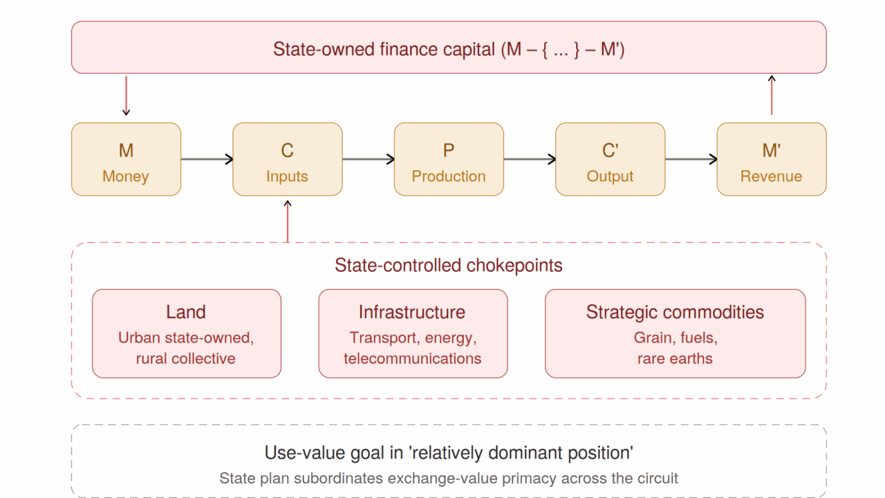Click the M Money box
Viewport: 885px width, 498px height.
click(126, 159)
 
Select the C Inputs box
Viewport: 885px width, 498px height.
click(287, 159)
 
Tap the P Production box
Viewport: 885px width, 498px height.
click(449, 159)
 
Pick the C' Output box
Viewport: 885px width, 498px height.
click(610, 159)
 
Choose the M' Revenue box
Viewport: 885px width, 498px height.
click(772, 159)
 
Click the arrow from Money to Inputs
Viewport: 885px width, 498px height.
click(207, 159)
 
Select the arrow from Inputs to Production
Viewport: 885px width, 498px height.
click(369, 159)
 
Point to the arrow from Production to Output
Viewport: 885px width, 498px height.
click(530, 159)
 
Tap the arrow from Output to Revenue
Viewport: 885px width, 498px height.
click(691, 159)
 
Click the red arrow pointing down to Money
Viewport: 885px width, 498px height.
click(126, 95)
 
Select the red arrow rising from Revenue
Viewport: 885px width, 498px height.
click(772, 95)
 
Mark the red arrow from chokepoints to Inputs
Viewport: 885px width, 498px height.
click(288, 221)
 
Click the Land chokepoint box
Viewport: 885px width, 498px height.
click(187, 333)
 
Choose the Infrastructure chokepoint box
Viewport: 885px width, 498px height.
click(413, 333)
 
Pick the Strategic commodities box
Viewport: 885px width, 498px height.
click(676, 333)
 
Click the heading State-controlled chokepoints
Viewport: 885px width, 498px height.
click(449, 265)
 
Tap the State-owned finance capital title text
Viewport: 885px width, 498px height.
click(449, 49)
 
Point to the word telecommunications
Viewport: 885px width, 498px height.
click(413, 358)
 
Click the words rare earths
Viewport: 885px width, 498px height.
click(675, 358)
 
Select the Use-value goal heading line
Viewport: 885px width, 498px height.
click(449, 453)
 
